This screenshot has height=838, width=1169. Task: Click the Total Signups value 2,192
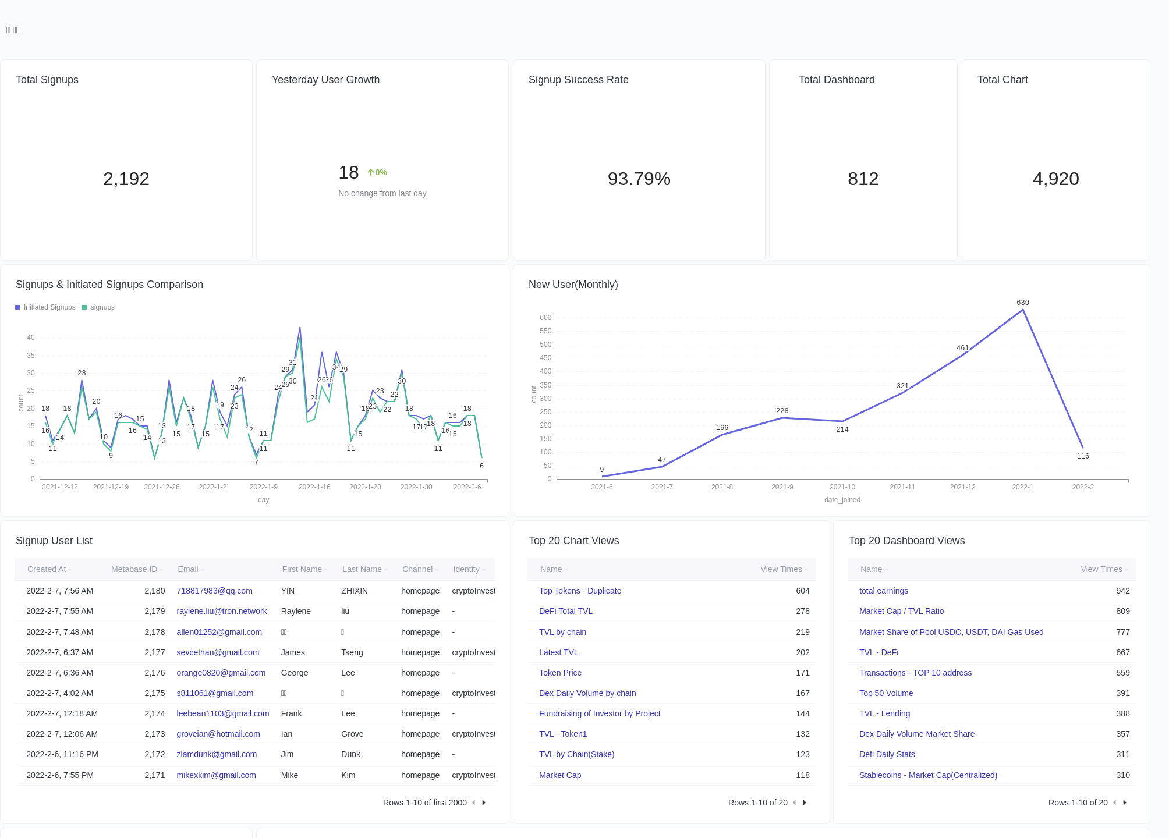[x=126, y=179]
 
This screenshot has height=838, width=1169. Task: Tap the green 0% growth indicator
[x=377, y=173]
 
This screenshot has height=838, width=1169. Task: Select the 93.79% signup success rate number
[x=639, y=179]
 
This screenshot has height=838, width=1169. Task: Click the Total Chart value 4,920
[x=1055, y=179]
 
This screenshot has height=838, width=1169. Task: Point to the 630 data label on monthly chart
[x=1022, y=303]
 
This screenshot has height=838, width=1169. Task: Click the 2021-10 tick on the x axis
[x=842, y=487]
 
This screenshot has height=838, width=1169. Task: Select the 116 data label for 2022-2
[x=1082, y=456]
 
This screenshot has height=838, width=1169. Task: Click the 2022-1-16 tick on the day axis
[x=314, y=487]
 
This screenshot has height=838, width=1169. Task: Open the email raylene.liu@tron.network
[x=221, y=611]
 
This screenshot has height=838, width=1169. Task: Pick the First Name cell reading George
[x=294, y=673]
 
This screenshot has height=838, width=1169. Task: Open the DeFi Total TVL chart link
[x=565, y=611]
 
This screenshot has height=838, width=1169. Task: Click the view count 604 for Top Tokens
[x=802, y=591]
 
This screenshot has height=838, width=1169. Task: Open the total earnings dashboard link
[x=883, y=591]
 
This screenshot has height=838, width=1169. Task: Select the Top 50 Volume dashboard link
[x=885, y=693]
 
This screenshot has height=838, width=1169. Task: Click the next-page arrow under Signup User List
[x=484, y=803]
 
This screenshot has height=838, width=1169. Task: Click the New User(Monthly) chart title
[x=573, y=285]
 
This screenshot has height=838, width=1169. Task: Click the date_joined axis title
[x=842, y=500]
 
